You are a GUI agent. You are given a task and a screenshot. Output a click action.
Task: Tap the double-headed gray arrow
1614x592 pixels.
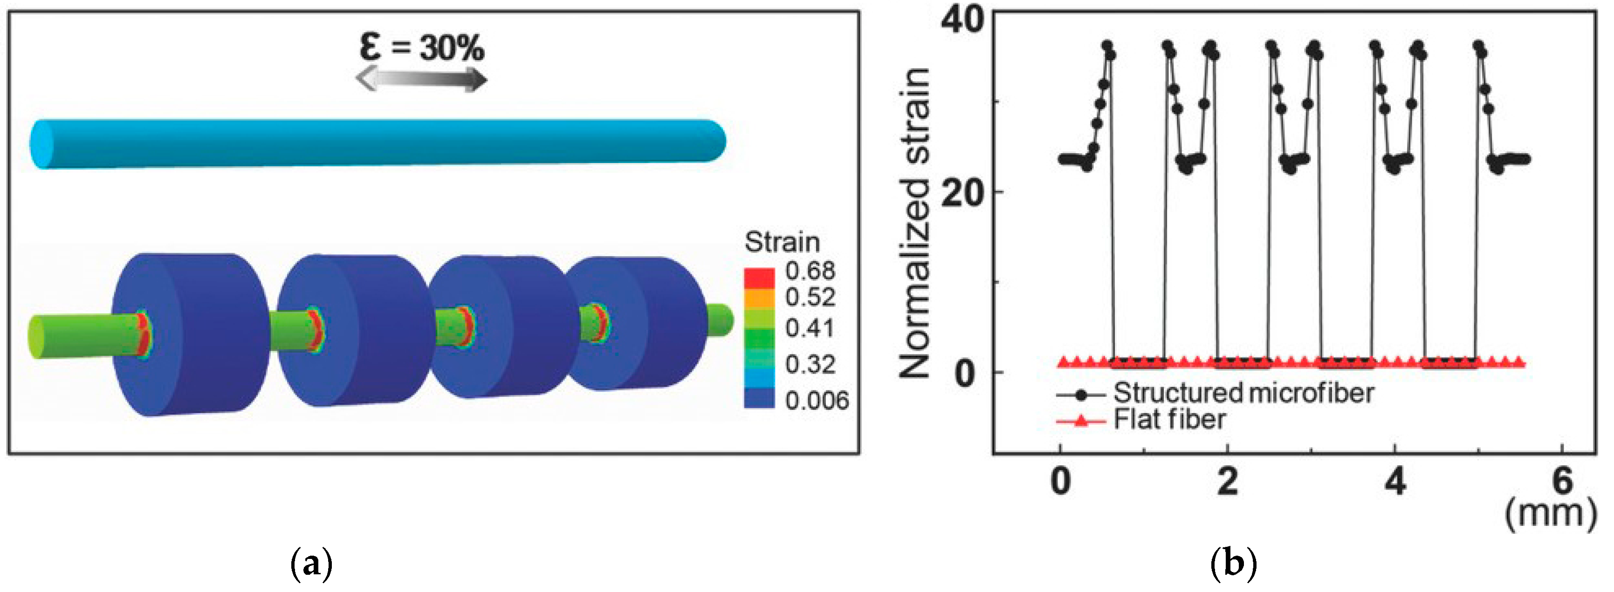click(421, 80)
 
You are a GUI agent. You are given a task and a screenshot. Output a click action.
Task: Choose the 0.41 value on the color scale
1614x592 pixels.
click(810, 328)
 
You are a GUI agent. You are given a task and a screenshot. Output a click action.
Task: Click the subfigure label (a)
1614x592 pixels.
click(311, 565)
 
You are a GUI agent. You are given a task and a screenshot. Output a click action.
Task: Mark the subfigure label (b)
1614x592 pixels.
click(1234, 565)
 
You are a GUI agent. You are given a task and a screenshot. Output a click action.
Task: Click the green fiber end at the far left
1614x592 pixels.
click(38, 338)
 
